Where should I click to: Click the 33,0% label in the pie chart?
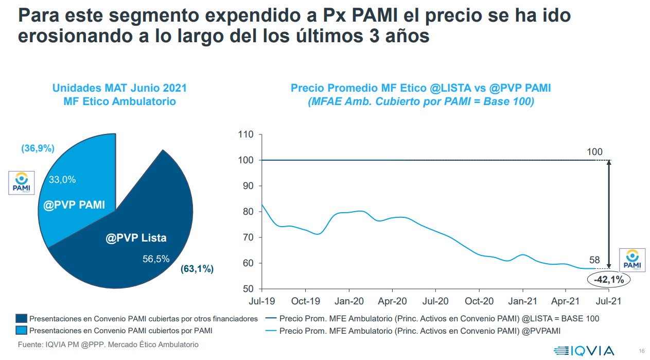click(x=62, y=180)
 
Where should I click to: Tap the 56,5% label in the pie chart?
click(x=156, y=259)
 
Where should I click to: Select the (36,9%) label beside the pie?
click(x=38, y=149)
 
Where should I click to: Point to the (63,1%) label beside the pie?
click(x=197, y=269)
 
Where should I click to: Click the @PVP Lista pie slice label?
click(x=136, y=238)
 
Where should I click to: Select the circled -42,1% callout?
click(x=608, y=280)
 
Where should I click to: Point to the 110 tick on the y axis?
click(x=246, y=135)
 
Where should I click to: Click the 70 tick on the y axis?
click(x=248, y=237)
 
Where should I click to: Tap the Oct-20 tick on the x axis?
click(x=479, y=301)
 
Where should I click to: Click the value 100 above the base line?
click(x=594, y=152)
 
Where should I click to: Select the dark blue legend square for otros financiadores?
click(x=21, y=319)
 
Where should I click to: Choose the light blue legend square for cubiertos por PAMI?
click(x=21, y=330)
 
